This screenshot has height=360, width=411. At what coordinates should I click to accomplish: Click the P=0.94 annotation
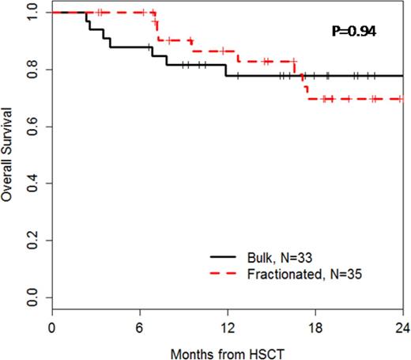(353, 32)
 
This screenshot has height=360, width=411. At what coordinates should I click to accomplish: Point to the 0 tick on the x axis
(52, 326)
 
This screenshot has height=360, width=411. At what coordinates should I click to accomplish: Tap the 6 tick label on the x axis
(140, 326)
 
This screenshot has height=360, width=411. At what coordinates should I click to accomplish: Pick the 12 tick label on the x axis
(227, 326)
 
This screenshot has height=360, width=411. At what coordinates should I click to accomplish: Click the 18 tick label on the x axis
(315, 326)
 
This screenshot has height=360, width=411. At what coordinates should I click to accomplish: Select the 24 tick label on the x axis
(402, 326)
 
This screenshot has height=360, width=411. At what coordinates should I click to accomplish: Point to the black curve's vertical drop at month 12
(226, 70)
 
